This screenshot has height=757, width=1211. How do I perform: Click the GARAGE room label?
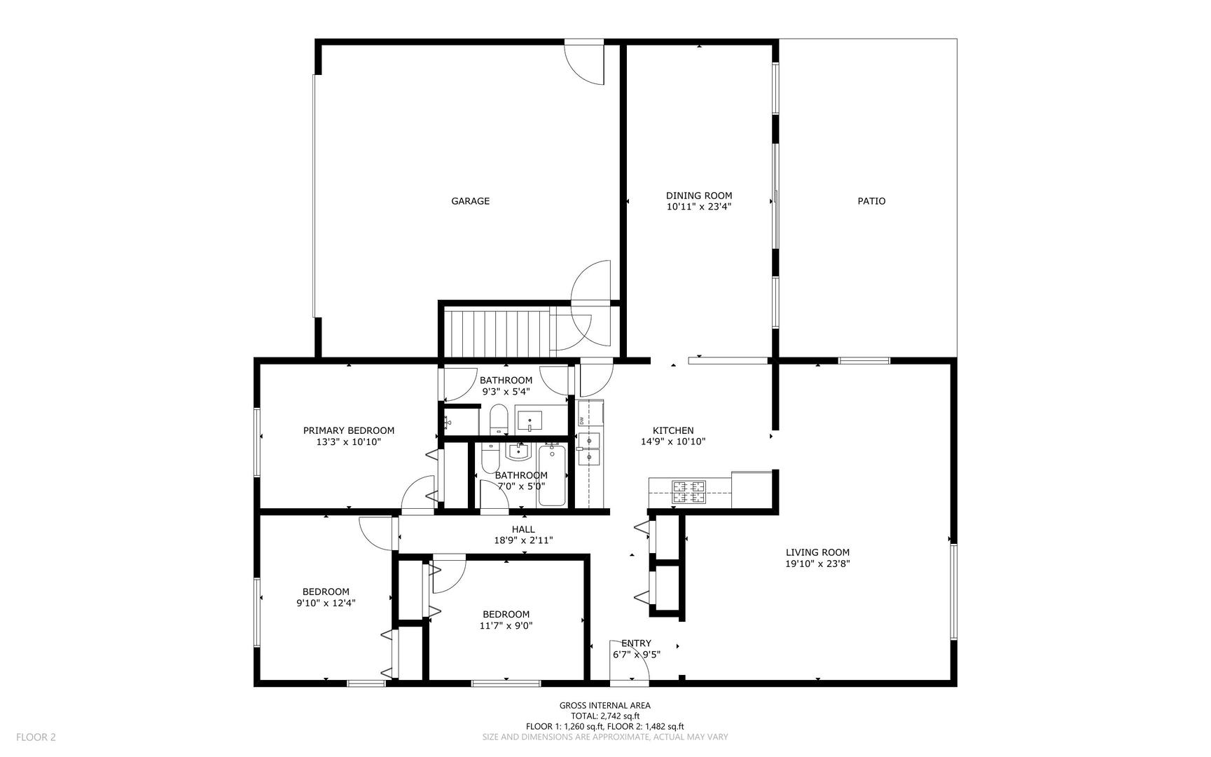point(470,201)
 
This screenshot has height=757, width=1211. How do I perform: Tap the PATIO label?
point(871,201)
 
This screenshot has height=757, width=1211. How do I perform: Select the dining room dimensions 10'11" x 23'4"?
point(699,207)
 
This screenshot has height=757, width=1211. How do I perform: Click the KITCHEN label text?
point(673,430)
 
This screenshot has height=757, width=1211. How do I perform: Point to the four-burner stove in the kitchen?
point(689,492)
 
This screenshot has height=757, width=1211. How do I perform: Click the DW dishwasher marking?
point(581,420)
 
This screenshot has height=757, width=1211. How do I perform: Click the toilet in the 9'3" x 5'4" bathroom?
point(498,419)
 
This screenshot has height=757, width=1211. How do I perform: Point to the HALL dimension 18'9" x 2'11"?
point(523,540)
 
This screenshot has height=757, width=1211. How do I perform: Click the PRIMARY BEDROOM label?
point(348,430)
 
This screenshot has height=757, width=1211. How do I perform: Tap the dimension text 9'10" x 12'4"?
point(326,602)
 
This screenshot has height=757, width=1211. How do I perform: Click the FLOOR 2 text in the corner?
point(36,737)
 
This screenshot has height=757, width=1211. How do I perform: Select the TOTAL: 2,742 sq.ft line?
point(604,716)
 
